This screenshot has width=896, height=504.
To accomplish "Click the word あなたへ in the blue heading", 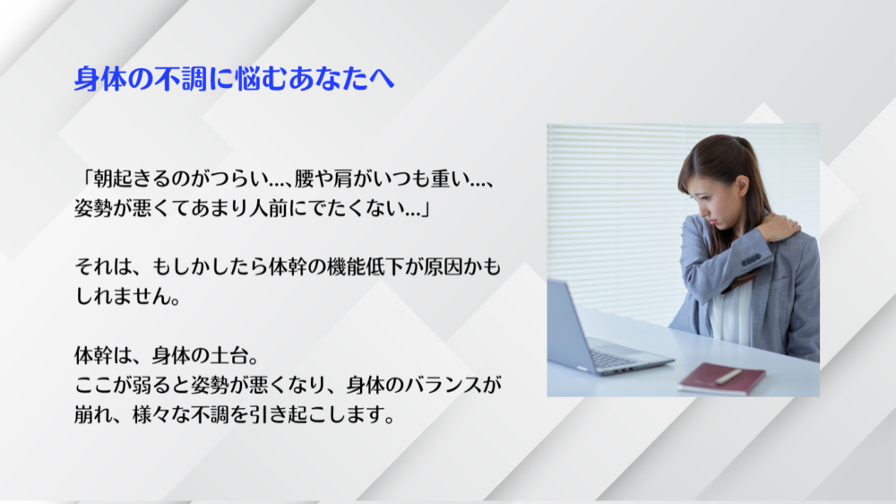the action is pyautogui.click(x=341, y=78).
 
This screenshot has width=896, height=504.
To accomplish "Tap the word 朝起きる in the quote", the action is pyautogui.click(x=131, y=179).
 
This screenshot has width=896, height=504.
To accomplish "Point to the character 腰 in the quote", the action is pyautogui.click(x=304, y=179).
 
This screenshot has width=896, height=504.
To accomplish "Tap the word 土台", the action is pyautogui.click(x=229, y=356).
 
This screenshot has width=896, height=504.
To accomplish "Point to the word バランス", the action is pyautogui.click(x=444, y=385).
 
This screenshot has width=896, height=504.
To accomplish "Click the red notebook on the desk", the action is pyautogui.click(x=721, y=378).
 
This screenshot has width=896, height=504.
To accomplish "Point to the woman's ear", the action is pyautogui.click(x=742, y=186).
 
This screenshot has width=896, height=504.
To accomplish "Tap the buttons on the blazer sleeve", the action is pyautogui.click(x=750, y=260).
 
